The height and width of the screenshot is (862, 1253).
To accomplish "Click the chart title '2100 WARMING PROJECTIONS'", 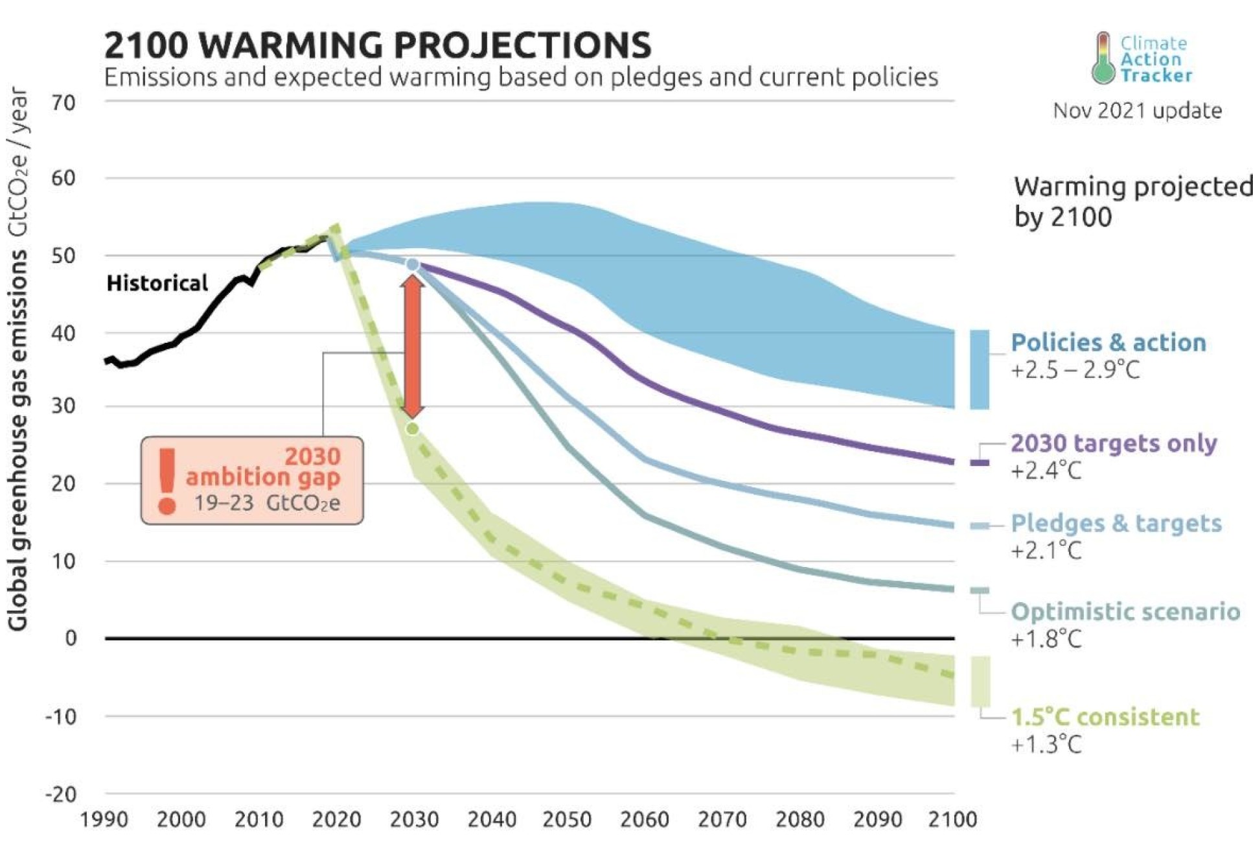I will (377, 45).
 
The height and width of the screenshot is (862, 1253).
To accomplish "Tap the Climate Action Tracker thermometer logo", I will (1103, 58).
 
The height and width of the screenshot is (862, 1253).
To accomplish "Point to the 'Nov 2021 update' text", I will (1137, 111).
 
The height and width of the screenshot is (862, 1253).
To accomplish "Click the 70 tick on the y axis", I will (63, 102).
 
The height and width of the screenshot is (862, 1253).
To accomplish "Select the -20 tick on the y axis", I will (61, 794).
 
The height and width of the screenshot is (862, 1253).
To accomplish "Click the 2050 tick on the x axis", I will (567, 820).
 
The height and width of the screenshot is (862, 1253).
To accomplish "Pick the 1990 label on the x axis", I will (104, 820).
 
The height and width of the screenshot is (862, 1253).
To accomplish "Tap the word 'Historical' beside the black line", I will (157, 283).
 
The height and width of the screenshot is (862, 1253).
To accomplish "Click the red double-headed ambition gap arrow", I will (412, 347).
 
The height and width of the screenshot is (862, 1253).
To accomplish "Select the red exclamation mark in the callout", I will (167, 480).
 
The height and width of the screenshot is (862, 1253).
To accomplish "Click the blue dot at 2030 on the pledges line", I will (412, 264).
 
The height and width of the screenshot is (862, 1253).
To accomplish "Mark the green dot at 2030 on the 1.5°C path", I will (412, 428).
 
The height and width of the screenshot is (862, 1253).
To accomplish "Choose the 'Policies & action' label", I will (1108, 343).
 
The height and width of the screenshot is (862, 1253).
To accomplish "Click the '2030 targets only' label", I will (1113, 443).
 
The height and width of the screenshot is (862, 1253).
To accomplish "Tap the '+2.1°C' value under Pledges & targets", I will (1046, 550).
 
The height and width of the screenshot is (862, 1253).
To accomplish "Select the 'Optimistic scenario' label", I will (1125, 612).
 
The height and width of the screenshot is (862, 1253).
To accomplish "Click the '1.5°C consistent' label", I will (1105, 717).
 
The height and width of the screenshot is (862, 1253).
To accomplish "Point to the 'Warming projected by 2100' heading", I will (1132, 201).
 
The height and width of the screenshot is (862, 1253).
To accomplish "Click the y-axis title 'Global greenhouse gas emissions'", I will (18, 441).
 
